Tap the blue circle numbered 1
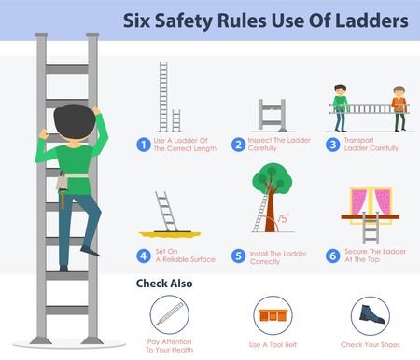click(x=143, y=145)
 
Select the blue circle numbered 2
click(x=239, y=145)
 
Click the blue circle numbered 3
click(x=334, y=145)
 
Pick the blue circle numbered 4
click(x=143, y=255)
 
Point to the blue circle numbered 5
click(x=239, y=255)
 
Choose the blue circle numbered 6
click(x=334, y=255)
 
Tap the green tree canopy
click(x=272, y=178)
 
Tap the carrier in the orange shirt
click(x=399, y=107)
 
